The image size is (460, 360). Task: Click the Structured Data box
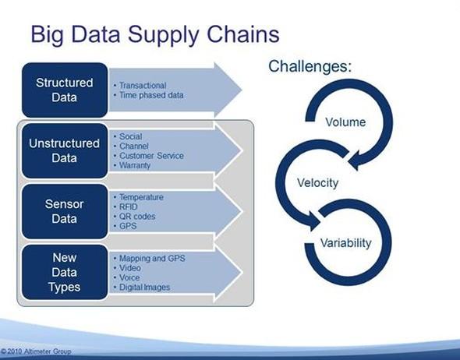(65, 90)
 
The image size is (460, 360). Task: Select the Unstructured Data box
(65, 150)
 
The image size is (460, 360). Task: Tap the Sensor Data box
(65, 211)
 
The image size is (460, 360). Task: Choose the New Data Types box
(65, 273)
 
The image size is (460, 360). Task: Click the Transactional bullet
(140, 85)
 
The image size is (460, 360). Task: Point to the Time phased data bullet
(148, 95)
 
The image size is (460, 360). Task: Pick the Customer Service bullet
(149, 156)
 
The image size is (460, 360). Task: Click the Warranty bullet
(132, 165)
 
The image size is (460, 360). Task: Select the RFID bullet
(126, 206)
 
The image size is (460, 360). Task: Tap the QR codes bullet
(134, 217)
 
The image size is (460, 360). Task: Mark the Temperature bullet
(139, 197)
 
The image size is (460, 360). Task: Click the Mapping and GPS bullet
(150, 258)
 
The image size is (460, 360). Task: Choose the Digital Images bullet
(142, 288)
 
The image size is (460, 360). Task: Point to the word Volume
(345, 122)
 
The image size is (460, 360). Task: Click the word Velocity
(318, 183)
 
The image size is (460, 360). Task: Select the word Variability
(345, 243)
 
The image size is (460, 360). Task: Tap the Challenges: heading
(310, 66)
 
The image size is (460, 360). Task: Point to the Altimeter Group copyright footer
(36, 351)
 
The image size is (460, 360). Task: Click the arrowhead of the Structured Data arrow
(228, 90)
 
